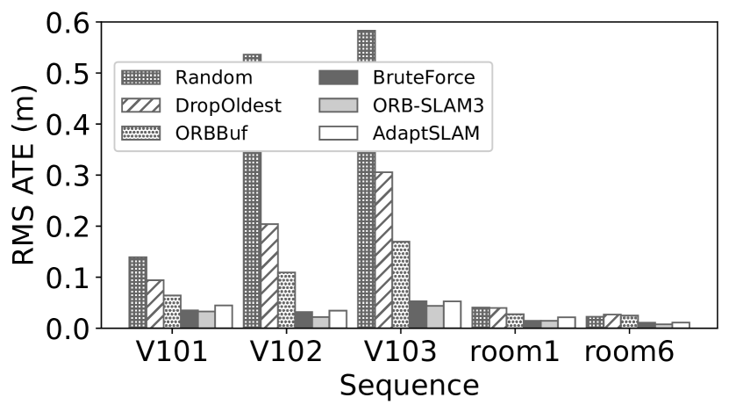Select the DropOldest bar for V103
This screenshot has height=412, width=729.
click(x=382, y=250)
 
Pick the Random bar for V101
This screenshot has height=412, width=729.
click(x=138, y=293)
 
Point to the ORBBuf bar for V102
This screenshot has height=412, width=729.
click(x=286, y=300)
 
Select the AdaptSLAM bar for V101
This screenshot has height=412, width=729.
click(x=223, y=317)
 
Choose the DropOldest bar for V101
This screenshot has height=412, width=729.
click(x=154, y=304)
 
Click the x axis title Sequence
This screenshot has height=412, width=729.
click(x=409, y=386)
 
